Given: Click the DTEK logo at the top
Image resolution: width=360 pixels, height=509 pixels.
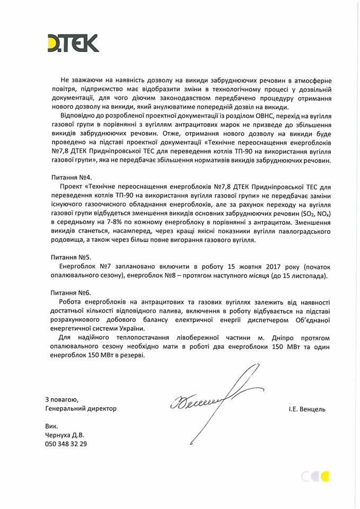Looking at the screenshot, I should tap(73, 43).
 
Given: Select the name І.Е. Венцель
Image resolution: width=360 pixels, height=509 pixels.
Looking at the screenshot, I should tap(308, 409).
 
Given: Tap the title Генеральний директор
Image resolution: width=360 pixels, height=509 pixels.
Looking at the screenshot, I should tap(81, 409).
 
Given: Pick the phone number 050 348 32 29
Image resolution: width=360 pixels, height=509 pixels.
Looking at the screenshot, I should tap(66, 444).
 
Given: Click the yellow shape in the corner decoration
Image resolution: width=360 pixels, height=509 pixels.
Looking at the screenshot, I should tap(324, 476).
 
